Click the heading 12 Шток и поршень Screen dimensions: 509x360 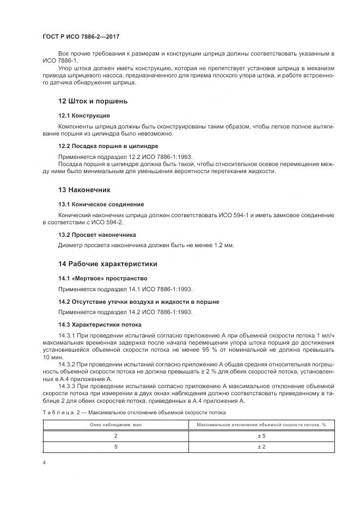[x=94, y=101]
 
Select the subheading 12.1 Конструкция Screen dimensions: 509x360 [x=84, y=115]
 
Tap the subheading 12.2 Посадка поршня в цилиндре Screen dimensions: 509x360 [x=108, y=146]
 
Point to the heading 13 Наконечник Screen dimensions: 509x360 [x=84, y=189]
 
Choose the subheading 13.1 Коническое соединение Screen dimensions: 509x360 [x=101, y=204]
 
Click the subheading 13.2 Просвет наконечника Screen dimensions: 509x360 [x=97, y=235]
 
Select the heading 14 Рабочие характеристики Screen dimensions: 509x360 [x=107, y=264]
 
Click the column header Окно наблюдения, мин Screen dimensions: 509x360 [x=115, y=424]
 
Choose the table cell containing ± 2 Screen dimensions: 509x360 [x=261, y=446]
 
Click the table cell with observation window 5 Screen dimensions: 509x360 [x=115, y=446]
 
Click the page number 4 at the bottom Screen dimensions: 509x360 [x=44, y=463]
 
